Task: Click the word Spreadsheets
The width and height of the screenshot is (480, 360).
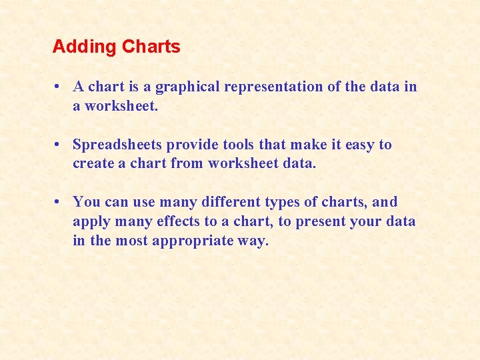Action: [117, 145]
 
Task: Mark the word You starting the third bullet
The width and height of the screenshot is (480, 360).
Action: [85, 202]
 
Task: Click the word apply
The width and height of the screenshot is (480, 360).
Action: [91, 222]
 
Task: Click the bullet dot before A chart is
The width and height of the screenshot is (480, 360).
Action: [59, 87]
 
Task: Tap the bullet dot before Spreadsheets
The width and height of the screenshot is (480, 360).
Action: [59, 145]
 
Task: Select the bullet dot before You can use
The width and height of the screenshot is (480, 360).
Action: [59, 202]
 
